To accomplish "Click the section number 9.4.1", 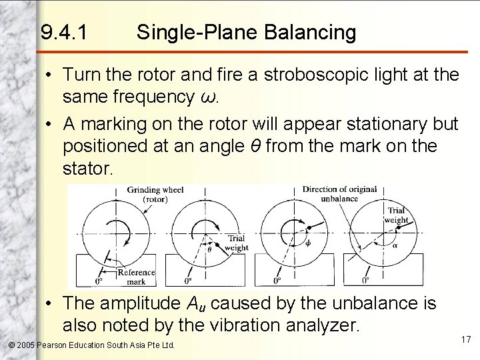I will click(x=63, y=32).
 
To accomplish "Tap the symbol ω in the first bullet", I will click(x=208, y=97).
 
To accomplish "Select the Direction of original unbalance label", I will click(x=339, y=193).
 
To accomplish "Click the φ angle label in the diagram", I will click(x=307, y=243).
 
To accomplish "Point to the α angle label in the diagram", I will click(x=393, y=244).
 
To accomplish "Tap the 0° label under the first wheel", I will click(x=99, y=281).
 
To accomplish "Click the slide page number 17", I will click(x=465, y=340).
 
